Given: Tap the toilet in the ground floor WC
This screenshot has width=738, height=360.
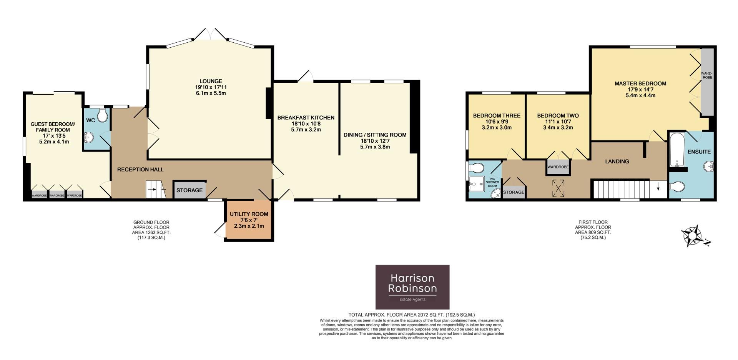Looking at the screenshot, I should click(x=103, y=115).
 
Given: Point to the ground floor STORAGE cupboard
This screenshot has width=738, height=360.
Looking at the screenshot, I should click(x=189, y=190).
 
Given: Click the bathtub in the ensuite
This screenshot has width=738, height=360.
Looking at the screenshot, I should click(x=675, y=150).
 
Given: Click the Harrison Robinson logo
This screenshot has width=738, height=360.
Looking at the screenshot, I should click(x=412, y=287).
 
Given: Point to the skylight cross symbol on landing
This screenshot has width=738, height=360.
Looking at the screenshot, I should click(x=558, y=188).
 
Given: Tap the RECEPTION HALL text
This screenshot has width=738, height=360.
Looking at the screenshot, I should click(x=140, y=170).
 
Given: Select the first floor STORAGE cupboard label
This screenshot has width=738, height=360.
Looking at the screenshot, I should click(x=514, y=192).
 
